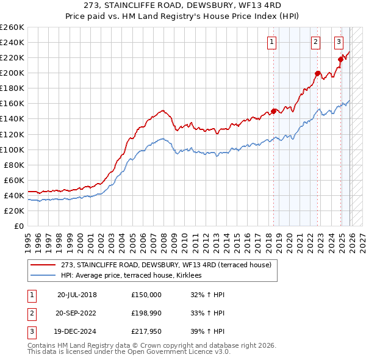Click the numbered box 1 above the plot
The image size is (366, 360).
pos(271,42)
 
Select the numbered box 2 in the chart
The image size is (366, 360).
pos(315,42)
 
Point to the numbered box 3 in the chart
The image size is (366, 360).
pos(339,42)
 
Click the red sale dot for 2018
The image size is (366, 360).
pos(274,110)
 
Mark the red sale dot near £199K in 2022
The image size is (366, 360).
pos(318,73)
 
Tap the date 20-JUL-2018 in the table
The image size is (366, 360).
pos(77,294)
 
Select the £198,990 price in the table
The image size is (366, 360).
pos(146,313)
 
